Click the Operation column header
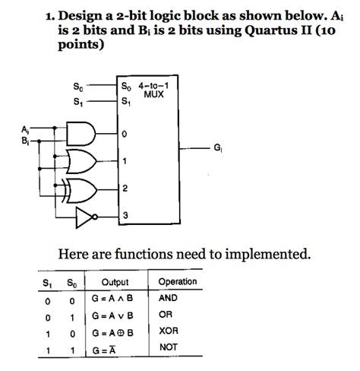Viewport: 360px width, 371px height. click(177, 282)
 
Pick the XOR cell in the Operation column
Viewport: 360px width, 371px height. click(168, 331)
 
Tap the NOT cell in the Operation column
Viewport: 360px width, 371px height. click(168, 348)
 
